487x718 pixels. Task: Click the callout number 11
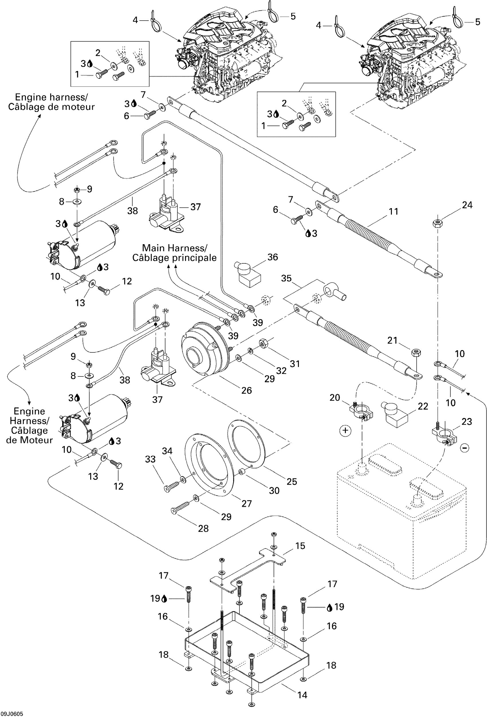pos(393,212)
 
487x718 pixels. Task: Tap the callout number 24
pos(467,205)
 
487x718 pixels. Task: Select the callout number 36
pos(272,257)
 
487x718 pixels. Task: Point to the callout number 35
pos(286,278)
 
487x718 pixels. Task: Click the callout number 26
pos(246,390)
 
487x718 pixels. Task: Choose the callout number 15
pos(300,546)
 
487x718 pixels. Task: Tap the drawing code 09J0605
pos(12,714)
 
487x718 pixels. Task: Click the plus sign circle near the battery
pos(345,431)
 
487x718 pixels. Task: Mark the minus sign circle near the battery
pos(465,448)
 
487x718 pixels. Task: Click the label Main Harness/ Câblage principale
pos(174,253)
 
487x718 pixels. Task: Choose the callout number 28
pos(203,528)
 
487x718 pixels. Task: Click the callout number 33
pos(150,459)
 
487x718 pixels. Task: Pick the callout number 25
pos(292,482)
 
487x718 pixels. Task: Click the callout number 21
pos(392,340)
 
